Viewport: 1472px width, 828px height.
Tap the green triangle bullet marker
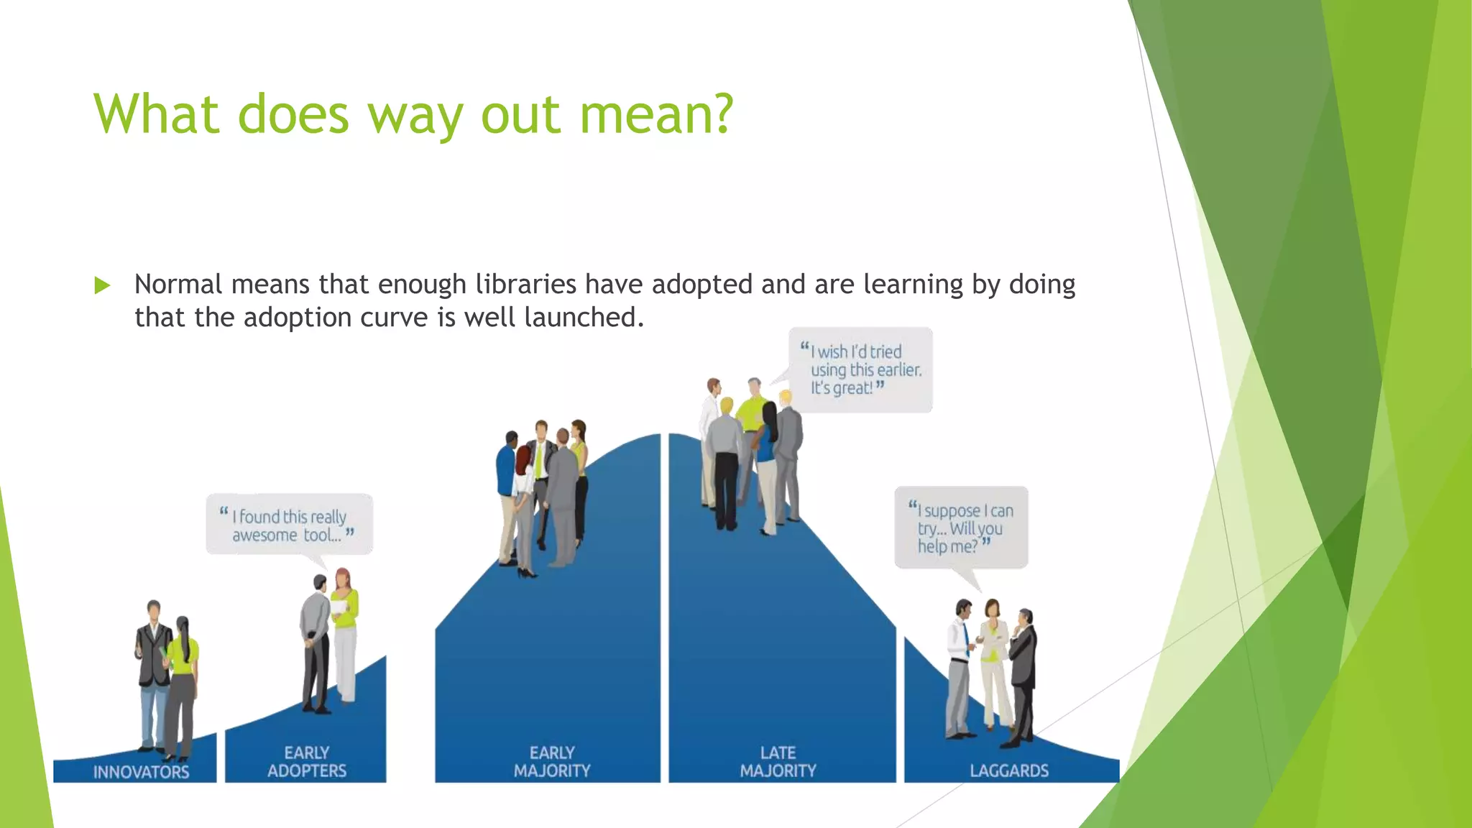102,285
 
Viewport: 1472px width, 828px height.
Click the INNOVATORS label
141,772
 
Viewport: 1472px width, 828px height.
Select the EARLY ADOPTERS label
307,762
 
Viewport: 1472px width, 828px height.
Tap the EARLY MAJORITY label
552,762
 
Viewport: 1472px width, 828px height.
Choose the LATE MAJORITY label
778,762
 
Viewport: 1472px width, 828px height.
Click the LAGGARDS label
1009,770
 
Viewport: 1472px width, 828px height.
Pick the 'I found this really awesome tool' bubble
289,525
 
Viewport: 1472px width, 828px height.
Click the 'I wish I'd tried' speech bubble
860,369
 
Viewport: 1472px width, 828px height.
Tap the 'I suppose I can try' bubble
961,528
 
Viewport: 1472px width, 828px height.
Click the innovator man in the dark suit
153,668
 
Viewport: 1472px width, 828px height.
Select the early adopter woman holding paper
345,632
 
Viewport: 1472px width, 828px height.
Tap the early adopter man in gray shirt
315,640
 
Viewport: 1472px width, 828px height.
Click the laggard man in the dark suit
1023,668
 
